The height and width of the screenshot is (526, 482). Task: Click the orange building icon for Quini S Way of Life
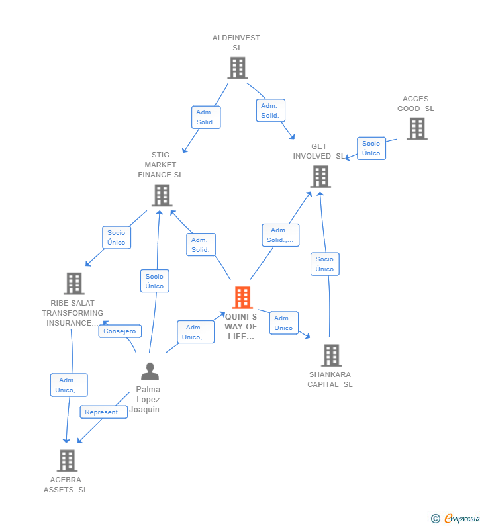pos(242,298)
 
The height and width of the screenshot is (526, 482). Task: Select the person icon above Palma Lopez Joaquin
pos(150,372)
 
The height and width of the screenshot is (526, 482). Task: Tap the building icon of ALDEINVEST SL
pos(237,67)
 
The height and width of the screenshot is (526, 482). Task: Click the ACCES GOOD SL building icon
pos(416,128)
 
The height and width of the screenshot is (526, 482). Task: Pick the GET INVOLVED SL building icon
pos(320,177)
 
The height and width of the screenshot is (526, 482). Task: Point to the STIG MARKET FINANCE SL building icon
pos(162,195)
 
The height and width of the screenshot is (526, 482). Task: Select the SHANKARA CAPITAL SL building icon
pos(331,355)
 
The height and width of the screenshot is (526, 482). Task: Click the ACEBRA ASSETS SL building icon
pos(67,460)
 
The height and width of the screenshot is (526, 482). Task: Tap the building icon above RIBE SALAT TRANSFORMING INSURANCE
pos(74,283)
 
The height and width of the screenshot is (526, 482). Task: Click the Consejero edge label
pos(120,331)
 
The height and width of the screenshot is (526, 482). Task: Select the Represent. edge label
pos(103,412)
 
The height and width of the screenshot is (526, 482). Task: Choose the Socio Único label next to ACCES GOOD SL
pos(371,148)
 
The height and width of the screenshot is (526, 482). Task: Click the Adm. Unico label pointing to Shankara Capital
pos(283,323)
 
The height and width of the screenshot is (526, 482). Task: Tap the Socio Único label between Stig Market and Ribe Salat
pos(117,238)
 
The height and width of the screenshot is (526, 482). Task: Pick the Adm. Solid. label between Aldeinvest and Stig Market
pos(205,117)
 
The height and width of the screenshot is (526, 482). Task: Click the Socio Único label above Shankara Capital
pos(324,264)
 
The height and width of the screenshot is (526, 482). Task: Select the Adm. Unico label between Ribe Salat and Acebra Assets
pos(69,385)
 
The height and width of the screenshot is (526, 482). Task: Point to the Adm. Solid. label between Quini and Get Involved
pos(280,235)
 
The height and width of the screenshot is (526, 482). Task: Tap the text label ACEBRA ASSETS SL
pos(66,484)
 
